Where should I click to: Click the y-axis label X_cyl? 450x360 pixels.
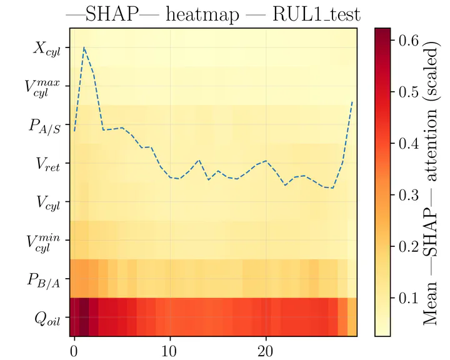point(46,48)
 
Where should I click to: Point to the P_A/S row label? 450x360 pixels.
point(44,126)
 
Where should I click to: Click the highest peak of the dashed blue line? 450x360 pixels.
point(84,47)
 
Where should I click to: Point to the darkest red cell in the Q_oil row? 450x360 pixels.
point(84,317)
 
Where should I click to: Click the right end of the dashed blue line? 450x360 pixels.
point(352,101)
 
